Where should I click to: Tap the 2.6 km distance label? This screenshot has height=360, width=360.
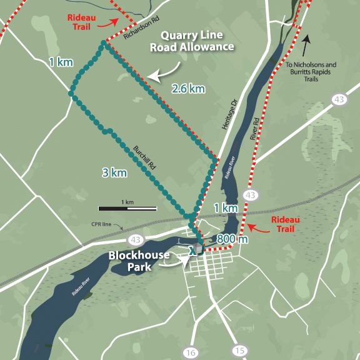pos(187,89)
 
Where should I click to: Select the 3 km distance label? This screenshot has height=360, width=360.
pos(114,172)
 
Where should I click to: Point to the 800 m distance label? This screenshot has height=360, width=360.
pos(232,239)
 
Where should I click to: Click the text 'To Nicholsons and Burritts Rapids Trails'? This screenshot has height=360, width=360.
pos(311,72)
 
